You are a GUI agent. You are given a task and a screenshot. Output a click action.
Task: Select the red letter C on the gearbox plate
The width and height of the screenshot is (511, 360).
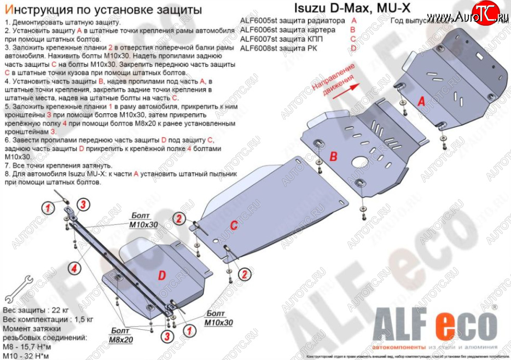(233, 225)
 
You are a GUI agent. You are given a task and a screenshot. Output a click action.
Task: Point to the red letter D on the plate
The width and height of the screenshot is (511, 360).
(161, 276)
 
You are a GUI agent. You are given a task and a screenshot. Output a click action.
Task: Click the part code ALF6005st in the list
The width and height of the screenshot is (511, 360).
(261, 21)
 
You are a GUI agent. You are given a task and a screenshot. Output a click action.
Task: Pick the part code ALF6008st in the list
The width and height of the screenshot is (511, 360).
(261, 48)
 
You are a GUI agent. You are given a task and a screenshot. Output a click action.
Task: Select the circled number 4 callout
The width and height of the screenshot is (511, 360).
(73, 268)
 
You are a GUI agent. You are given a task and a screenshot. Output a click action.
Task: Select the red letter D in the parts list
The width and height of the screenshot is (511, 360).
(353, 48)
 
